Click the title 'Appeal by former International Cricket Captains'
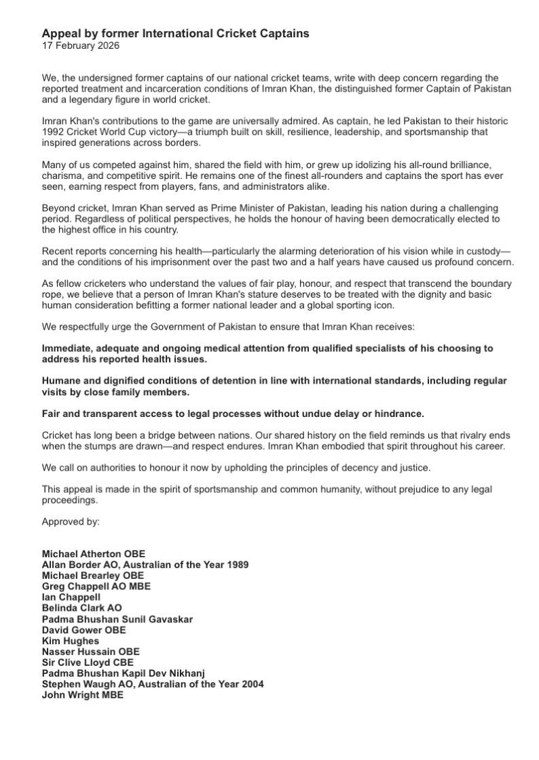tap(175, 33)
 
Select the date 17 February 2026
tap(80, 45)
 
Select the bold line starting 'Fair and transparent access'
tap(233, 414)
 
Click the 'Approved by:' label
tap(71, 521)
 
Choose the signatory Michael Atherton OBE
tap(93, 554)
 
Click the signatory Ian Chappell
tap(71, 597)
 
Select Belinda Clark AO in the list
tap(81, 608)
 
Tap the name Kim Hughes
tap(70, 641)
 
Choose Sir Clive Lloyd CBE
tap(88, 662)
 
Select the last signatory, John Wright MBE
tap(82, 695)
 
